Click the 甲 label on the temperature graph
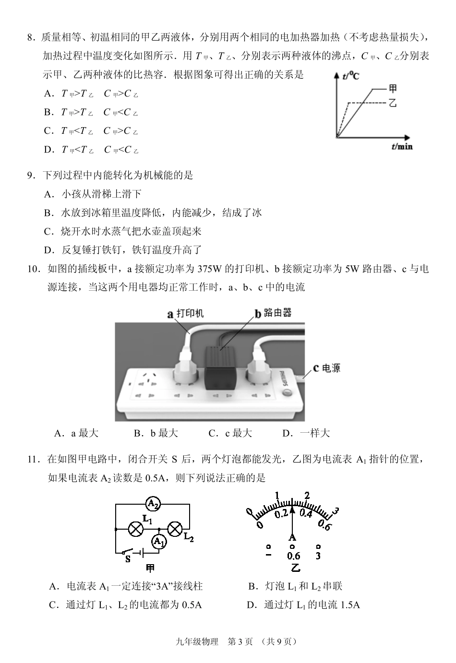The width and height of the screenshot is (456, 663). click(393, 88)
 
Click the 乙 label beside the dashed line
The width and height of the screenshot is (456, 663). click(393, 103)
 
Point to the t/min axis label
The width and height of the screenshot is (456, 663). click(402, 146)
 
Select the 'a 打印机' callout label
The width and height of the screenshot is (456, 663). click(185, 314)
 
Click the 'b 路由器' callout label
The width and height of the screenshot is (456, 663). click(273, 313)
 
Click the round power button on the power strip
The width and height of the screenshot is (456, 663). click(288, 394)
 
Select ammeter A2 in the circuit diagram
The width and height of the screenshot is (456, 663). click(153, 504)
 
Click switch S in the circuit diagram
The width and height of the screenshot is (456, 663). click(128, 552)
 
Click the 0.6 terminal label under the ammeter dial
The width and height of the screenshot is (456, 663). click(293, 556)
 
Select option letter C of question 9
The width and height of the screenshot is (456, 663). click(48, 232)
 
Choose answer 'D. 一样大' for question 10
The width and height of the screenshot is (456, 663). click(306, 433)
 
